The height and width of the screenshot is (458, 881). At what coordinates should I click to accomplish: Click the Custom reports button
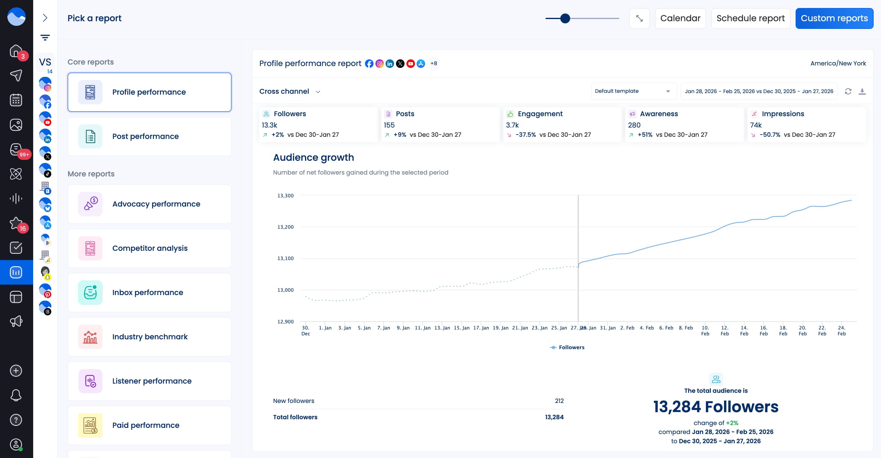point(834,18)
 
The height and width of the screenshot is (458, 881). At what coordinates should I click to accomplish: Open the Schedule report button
point(750,18)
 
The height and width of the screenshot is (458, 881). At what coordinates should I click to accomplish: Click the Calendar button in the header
point(680,18)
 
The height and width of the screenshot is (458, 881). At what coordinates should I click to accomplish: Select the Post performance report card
point(150,136)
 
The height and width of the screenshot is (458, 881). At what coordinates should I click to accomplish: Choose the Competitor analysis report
point(150,248)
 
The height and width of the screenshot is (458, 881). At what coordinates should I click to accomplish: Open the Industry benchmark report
point(150,337)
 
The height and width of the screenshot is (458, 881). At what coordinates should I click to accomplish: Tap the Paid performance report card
point(150,425)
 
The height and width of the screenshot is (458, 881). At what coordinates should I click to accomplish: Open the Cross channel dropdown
point(289,91)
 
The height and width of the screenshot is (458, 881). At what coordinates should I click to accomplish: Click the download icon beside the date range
point(862,91)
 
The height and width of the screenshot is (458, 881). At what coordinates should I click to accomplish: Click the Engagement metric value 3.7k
point(512,125)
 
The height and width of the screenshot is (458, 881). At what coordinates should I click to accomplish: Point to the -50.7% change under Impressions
point(769,135)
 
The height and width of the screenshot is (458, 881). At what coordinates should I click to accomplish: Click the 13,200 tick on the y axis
point(285,227)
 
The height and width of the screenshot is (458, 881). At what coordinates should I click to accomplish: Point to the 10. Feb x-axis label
point(705,330)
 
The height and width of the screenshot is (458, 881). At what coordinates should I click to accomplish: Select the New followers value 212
point(559,401)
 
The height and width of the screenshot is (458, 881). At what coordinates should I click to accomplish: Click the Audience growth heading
point(313,157)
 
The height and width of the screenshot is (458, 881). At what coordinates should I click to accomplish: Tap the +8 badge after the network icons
point(433,63)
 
